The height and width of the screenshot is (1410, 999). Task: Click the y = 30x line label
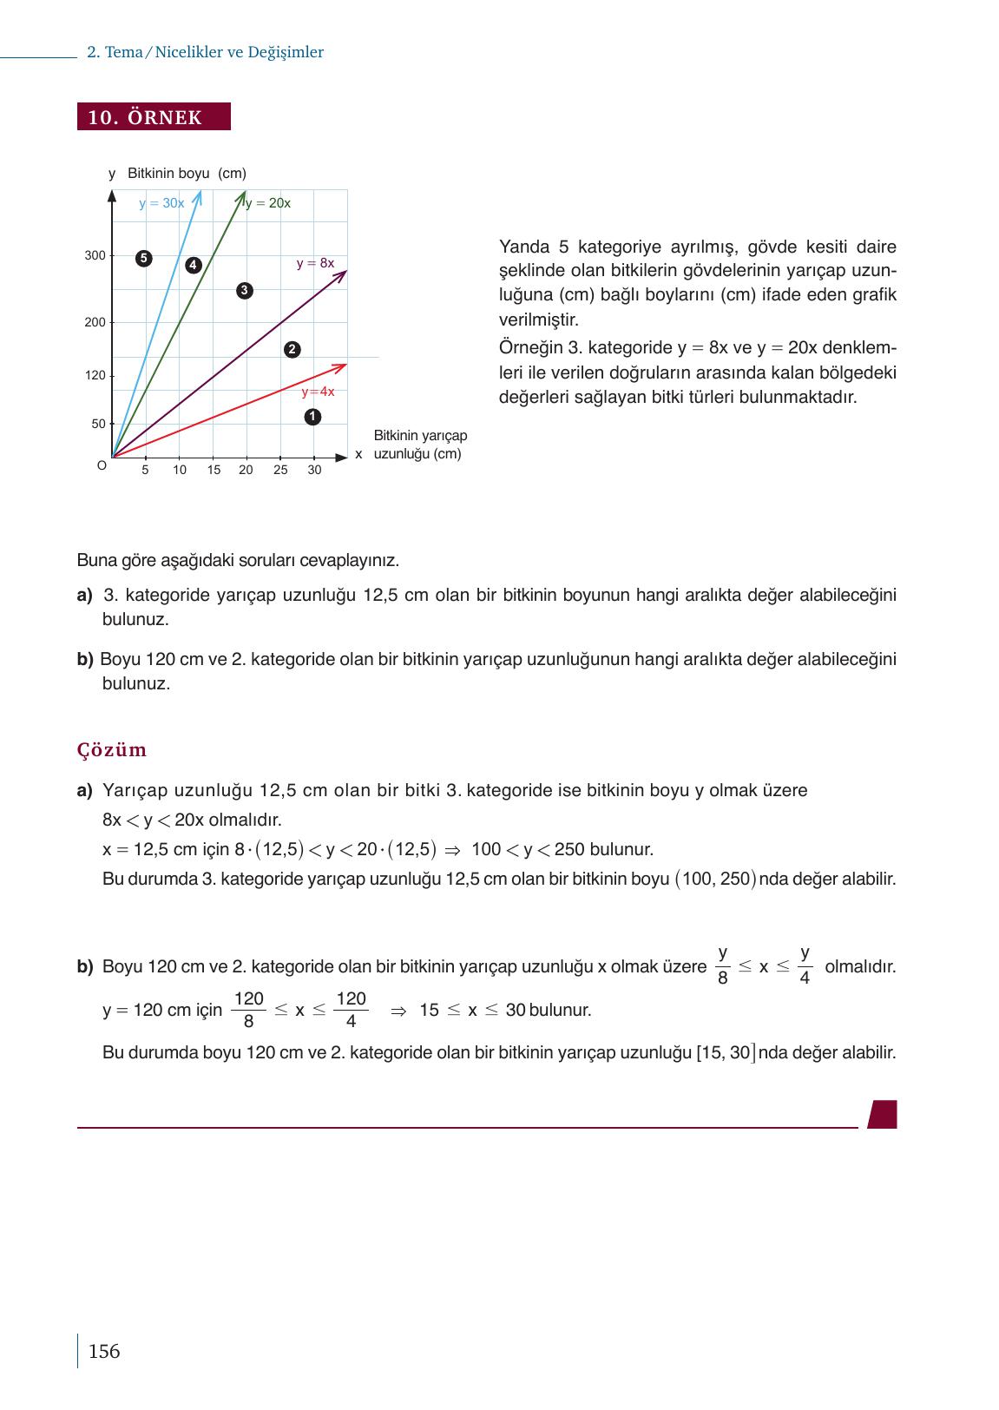pyautogui.click(x=161, y=203)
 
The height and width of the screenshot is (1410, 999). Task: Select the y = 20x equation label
pyautogui.click(x=267, y=203)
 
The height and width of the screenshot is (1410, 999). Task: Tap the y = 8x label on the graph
pyautogui.click(x=315, y=262)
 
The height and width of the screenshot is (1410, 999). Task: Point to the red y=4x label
pyautogui.click(x=318, y=392)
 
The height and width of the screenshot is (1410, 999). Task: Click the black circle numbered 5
pyautogui.click(x=144, y=258)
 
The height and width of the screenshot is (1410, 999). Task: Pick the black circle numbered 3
pyautogui.click(x=245, y=290)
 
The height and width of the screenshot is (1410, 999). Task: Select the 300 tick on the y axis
pyautogui.click(x=95, y=256)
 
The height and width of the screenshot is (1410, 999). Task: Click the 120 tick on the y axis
pyautogui.click(x=95, y=376)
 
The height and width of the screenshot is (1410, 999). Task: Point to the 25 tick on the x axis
pyautogui.click(x=280, y=470)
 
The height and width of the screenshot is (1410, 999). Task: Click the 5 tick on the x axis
pyautogui.click(x=145, y=470)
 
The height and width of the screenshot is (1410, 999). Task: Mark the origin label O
pyautogui.click(x=102, y=465)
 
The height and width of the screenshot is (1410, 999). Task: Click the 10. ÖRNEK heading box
pyautogui.click(x=154, y=117)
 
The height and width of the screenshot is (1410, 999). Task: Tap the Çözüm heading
pyautogui.click(x=112, y=749)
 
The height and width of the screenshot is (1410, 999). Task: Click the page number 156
pyautogui.click(x=104, y=1351)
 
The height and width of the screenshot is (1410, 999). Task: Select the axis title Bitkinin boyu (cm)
pyautogui.click(x=187, y=173)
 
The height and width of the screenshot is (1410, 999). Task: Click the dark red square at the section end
pyautogui.click(x=883, y=1114)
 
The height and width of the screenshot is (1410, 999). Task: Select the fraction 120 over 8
pyautogui.click(x=248, y=1010)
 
